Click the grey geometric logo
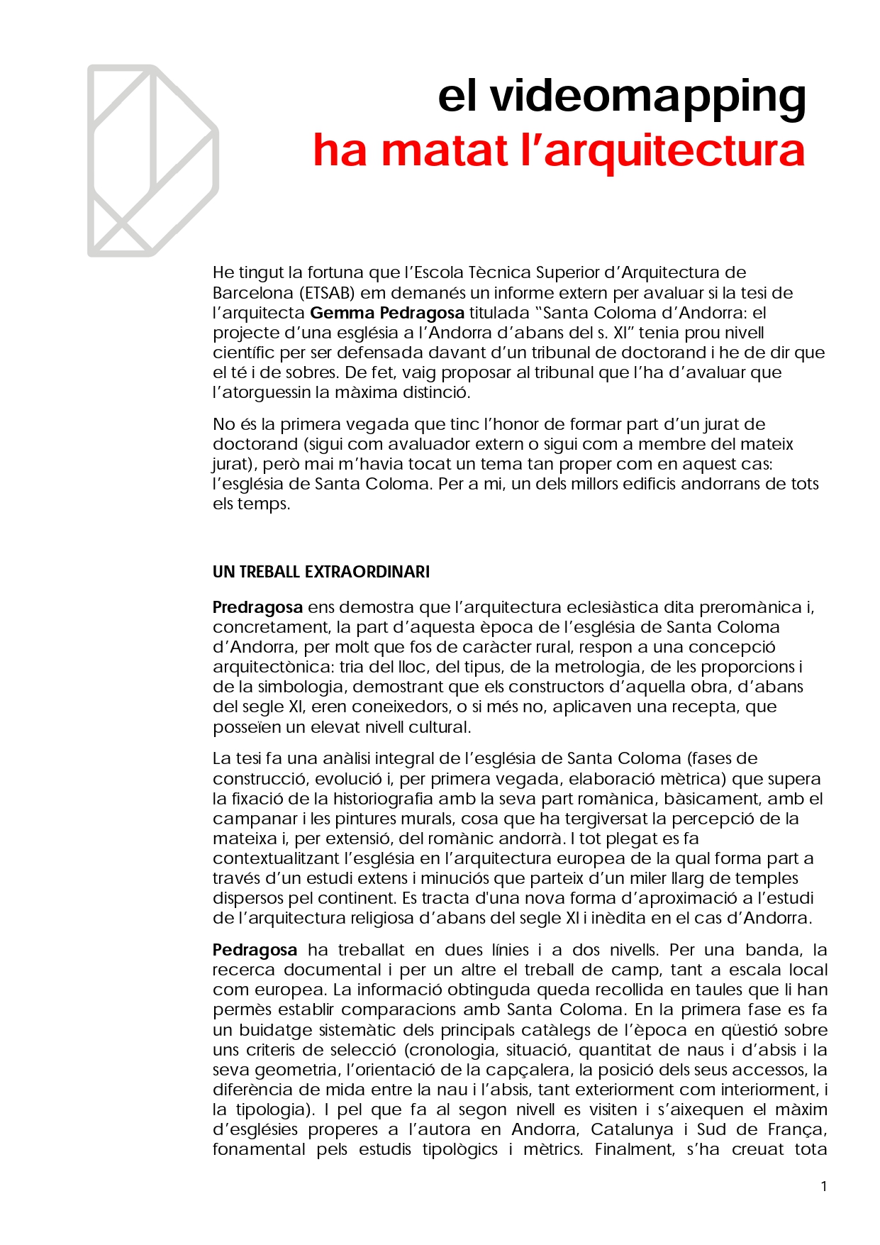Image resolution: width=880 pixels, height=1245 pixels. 152,161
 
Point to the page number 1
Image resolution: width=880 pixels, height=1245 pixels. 823,1186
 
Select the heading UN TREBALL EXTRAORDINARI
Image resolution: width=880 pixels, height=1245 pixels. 321,572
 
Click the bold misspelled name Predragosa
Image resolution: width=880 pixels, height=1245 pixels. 257,607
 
